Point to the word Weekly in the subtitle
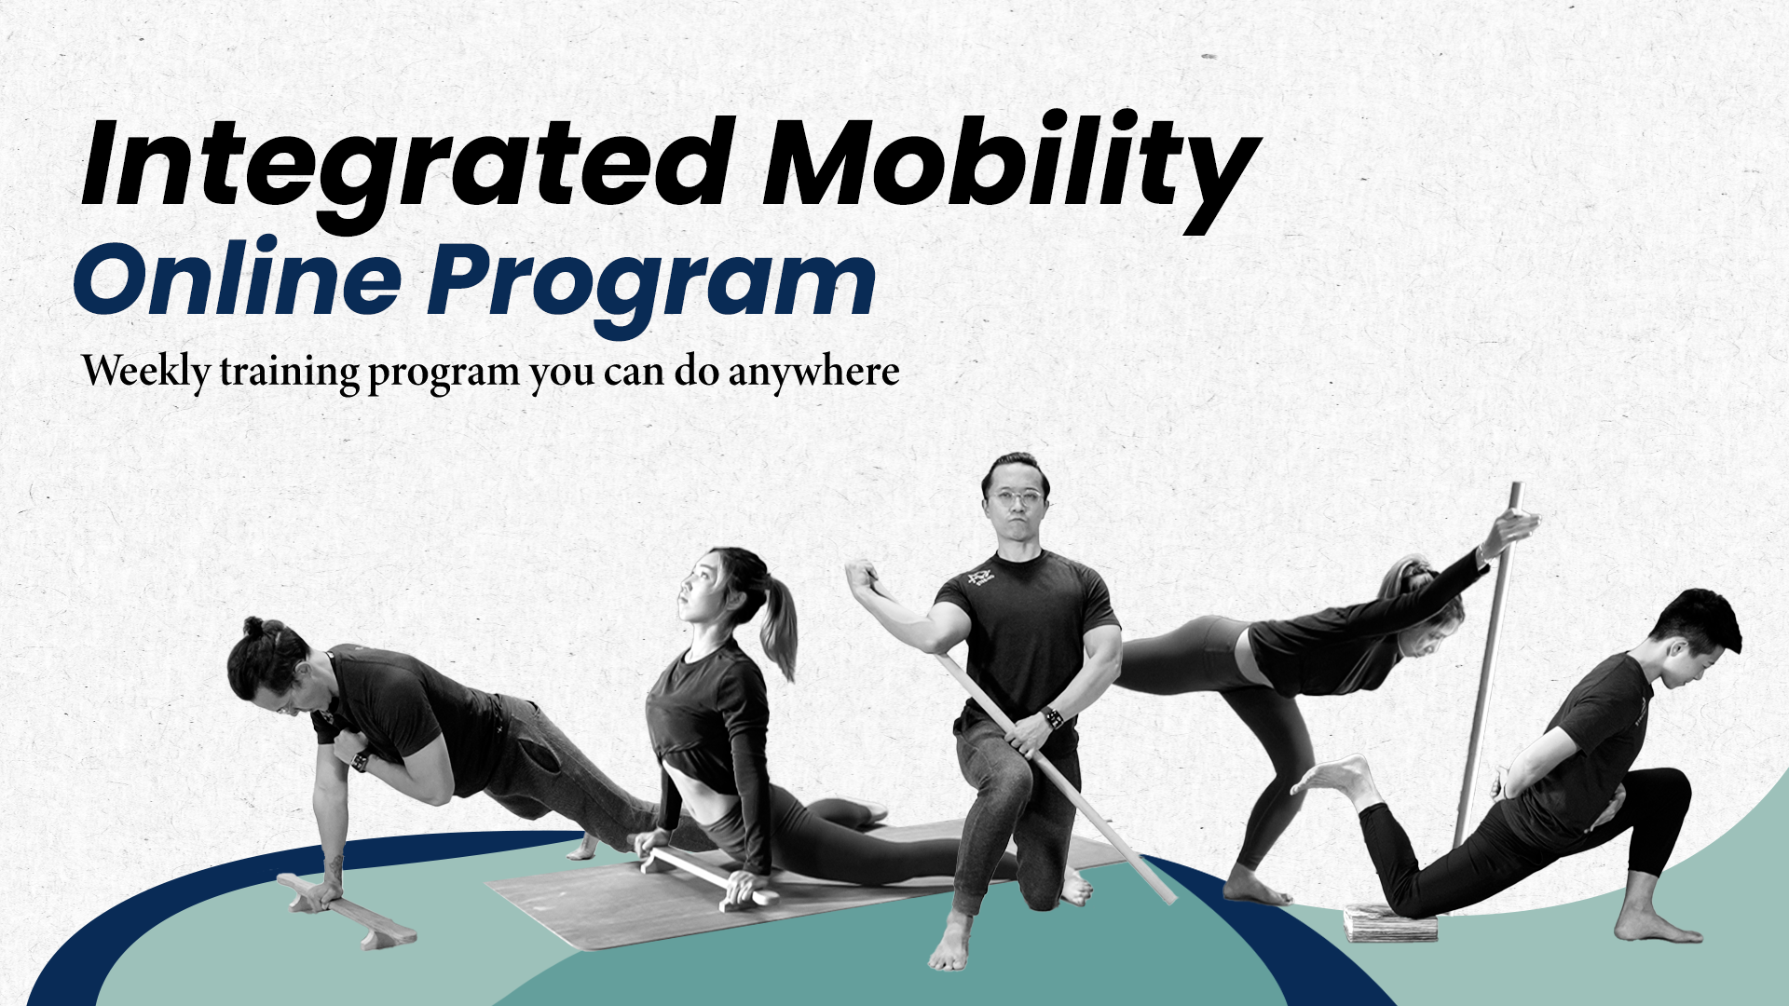click(x=146, y=372)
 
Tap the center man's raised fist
click(x=863, y=577)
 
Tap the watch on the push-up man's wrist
click(x=360, y=762)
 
